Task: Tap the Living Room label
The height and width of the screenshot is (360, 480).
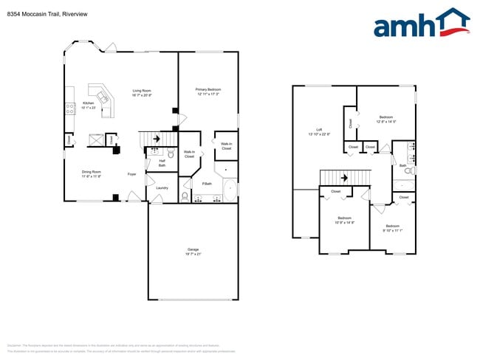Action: click(142, 92)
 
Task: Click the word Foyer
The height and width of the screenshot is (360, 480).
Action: click(131, 174)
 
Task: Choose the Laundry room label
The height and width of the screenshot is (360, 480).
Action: click(162, 187)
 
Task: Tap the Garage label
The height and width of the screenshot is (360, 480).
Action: click(193, 252)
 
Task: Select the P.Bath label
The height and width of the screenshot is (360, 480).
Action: click(208, 183)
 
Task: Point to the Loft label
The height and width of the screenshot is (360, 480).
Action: click(319, 132)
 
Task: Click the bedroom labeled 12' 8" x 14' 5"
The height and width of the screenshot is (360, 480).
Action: click(386, 119)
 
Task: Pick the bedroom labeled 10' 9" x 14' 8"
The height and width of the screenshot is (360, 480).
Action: click(345, 220)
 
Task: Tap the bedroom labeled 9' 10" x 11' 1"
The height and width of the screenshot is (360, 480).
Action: click(392, 227)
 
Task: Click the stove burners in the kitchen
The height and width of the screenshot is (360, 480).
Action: click(70, 108)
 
